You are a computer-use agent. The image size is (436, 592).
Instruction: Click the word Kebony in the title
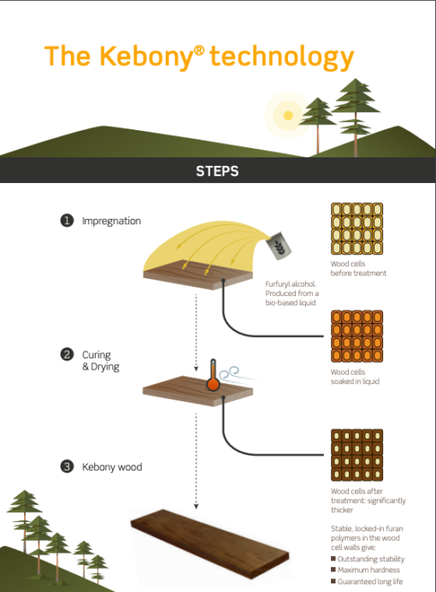pos(142,56)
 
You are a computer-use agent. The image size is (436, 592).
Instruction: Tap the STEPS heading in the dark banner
pos(217,171)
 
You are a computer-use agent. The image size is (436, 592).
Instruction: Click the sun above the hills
pos(287,114)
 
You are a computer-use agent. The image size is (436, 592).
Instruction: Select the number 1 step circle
pos(67,221)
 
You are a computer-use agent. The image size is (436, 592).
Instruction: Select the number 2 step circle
pos(67,354)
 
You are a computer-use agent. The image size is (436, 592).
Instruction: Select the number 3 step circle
pos(67,466)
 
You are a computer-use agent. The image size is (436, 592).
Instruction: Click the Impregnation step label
pos(111,221)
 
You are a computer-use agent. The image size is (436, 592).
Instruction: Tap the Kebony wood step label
pos(112,467)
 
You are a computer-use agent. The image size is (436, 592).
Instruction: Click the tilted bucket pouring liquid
pos(280,246)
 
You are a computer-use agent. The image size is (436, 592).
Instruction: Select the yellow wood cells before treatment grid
pos(356,229)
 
